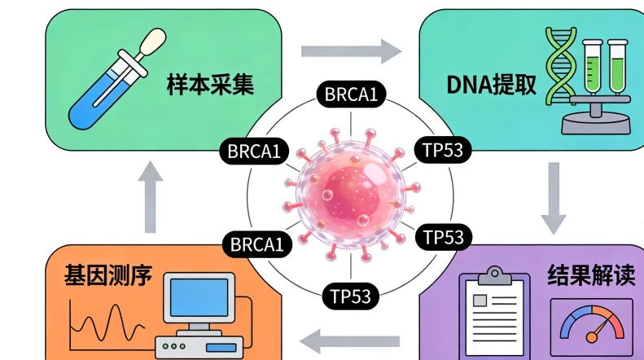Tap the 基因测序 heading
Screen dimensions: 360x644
[108, 276]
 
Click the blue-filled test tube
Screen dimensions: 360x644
[106, 93]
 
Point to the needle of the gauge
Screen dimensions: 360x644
[600, 330]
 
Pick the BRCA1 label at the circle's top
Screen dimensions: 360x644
[351, 95]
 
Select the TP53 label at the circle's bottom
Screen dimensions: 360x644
[351, 295]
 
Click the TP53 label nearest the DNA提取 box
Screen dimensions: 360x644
[443, 149]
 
